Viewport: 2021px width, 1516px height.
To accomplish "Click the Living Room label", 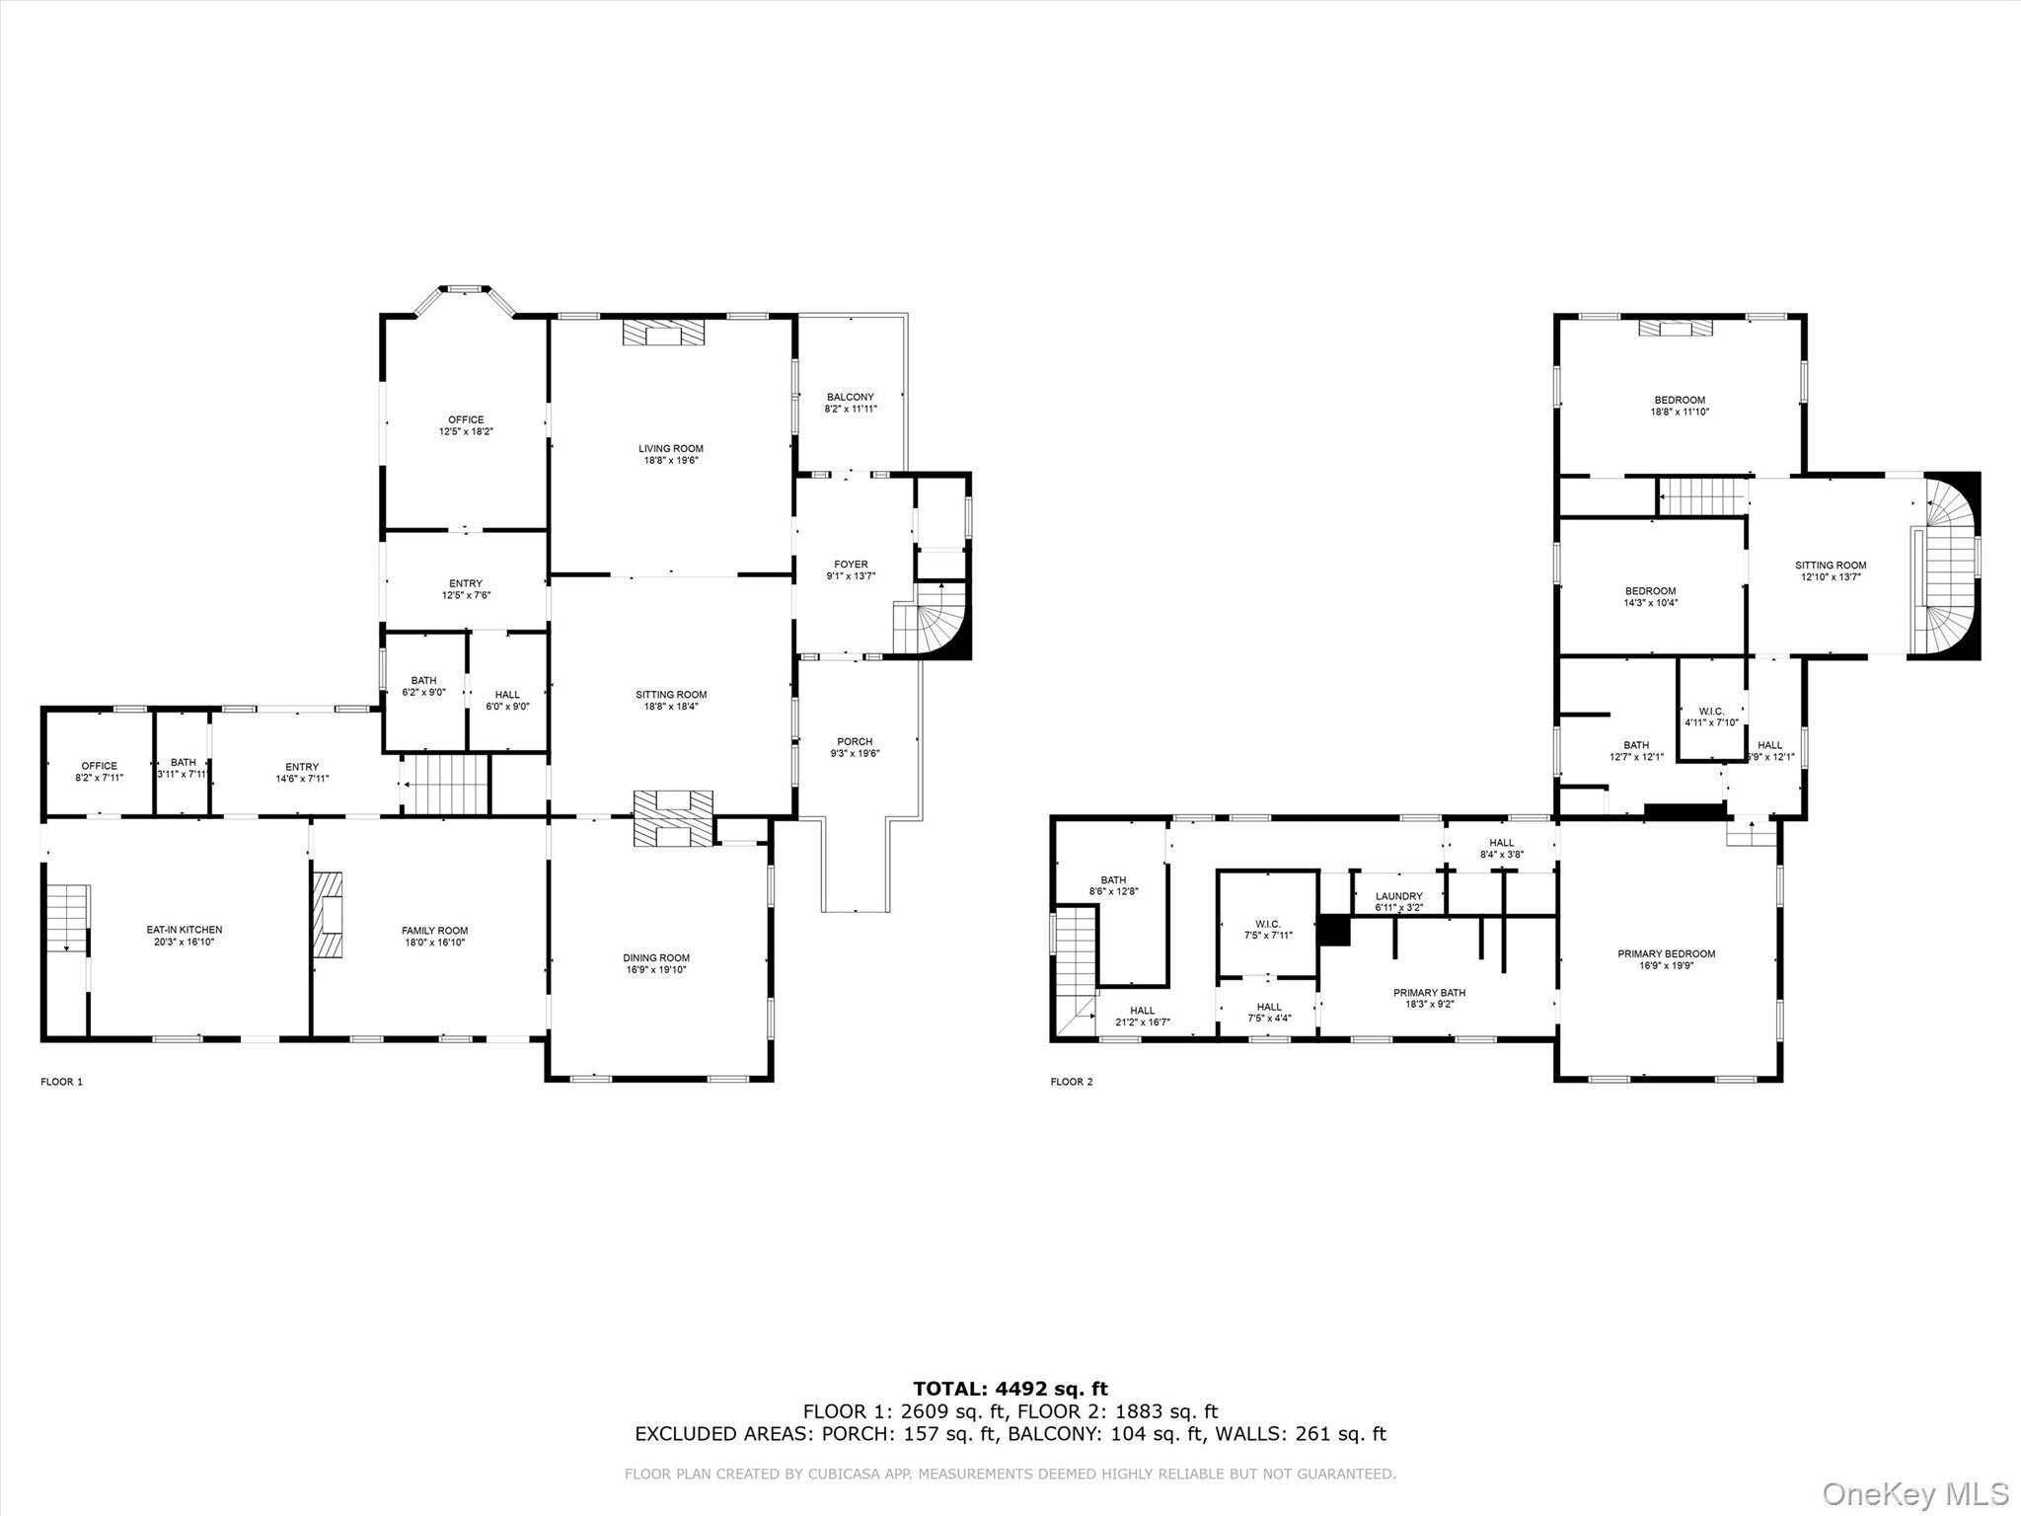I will click(x=670, y=448).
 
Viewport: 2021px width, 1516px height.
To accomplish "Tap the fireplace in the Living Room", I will click(x=664, y=333).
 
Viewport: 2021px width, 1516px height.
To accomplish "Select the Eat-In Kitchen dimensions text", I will click(x=185, y=942).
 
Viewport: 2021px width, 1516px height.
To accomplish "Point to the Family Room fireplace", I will click(x=329, y=915).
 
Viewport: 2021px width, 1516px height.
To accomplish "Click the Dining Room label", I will click(x=656, y=957).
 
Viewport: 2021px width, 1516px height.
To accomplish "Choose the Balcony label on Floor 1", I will click(x=851, y=397).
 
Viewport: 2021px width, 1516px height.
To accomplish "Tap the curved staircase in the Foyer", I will click(x=934, y=623).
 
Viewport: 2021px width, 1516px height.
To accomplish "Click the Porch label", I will click(x=855, y=741).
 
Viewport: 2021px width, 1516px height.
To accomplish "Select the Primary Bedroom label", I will click(x=1666, y=953).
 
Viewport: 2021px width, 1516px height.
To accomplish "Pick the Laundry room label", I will click(x=1398, y=896).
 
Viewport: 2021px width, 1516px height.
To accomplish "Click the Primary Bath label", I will click(x=1429, y=993).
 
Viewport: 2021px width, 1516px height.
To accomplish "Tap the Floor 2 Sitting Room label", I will click(x=1831, y=566).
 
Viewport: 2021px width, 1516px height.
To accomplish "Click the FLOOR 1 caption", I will click(x=61, y=1082).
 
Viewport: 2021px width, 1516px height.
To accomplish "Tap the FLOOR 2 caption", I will click(x=1072, y=1082).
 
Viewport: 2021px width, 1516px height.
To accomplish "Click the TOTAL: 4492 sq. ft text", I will click(x=1010, y=1389).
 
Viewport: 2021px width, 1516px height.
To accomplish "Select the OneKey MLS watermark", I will click(x=1914, y=1492).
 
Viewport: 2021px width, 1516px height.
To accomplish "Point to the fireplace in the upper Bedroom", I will click(x=1676, y=328).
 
